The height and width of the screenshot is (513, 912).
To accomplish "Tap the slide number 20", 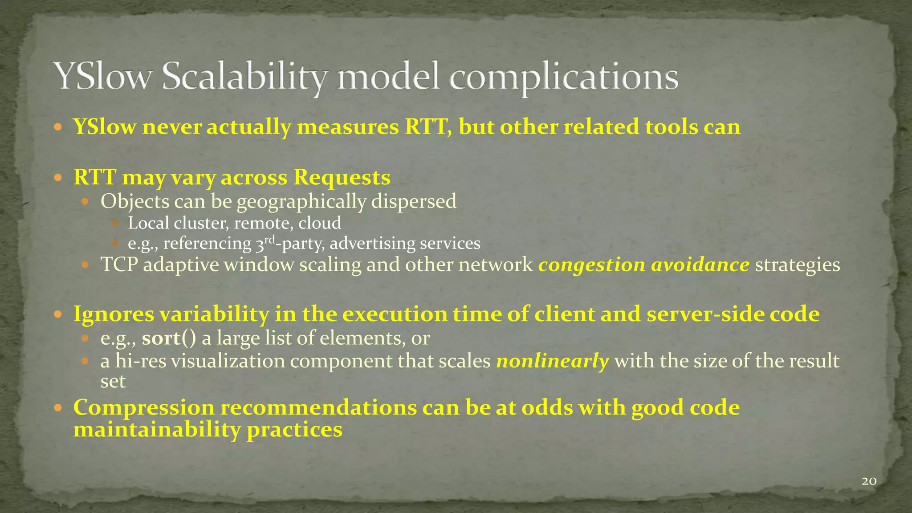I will click(x=869, y=481).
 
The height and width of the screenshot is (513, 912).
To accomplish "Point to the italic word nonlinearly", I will click(x=552, y=361).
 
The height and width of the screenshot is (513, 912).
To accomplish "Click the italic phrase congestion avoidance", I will click(x=643, y=265).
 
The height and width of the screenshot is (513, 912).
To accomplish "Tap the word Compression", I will click(x=144, y=408).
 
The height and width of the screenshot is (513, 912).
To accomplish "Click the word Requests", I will click(x=342, y=178).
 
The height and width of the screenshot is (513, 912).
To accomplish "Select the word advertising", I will click(x=372, y=244).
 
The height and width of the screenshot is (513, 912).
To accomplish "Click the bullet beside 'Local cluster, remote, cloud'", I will click(x=115, y=223).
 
